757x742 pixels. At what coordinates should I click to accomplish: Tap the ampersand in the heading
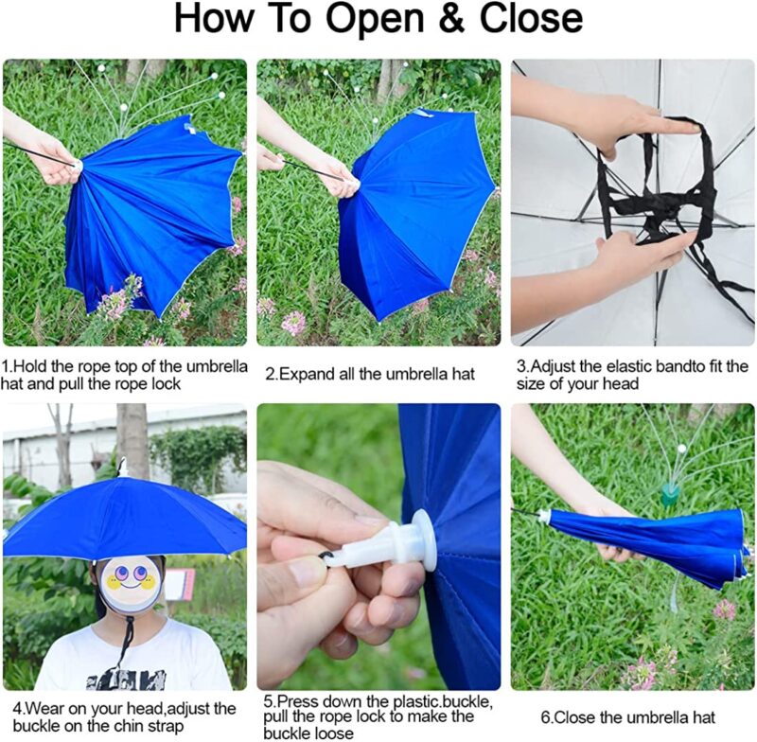tap(437, 20)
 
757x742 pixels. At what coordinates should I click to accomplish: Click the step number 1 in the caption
tap(6, 366)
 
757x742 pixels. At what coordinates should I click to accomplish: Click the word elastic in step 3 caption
tap(609, 366)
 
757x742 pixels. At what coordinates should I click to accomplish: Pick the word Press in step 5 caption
tap(299, 702)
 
